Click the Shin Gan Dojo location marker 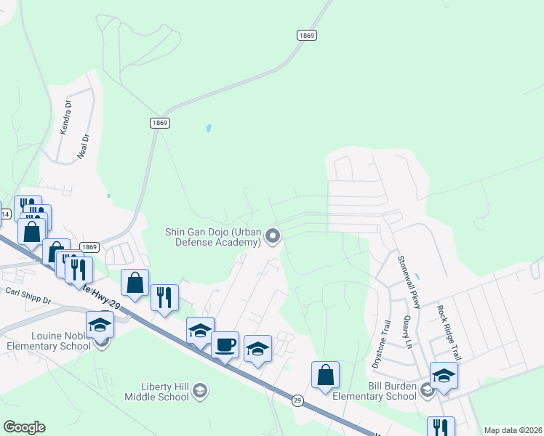tap(273, 235)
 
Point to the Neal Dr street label tap(84, 146)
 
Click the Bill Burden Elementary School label tap(371, 391)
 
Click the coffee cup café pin tap(225, 344)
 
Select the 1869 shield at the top tap(305, 35)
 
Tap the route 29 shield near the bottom tap(297, 400)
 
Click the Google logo tap(24, 427)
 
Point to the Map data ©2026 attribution tap(512, 430)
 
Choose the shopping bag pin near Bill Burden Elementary tap(326, 375)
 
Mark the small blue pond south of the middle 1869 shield tap(209, 129)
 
